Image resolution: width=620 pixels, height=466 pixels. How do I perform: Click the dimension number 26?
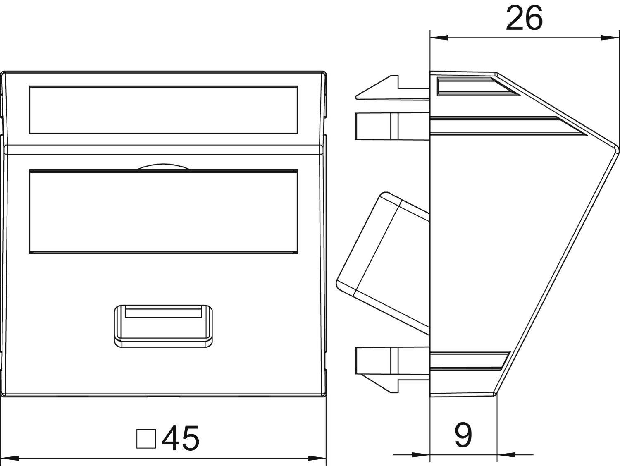coord(524,19)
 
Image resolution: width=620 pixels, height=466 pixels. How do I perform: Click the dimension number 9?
coord(463,435)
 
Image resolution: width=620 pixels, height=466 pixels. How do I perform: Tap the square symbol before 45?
coord(146,439)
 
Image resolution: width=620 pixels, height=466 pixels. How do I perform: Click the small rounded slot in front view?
coord(164,325)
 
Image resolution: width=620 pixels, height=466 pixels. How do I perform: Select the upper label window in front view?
coord(163,110)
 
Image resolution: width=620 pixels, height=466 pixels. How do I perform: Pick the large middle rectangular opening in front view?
coord(163,211)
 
